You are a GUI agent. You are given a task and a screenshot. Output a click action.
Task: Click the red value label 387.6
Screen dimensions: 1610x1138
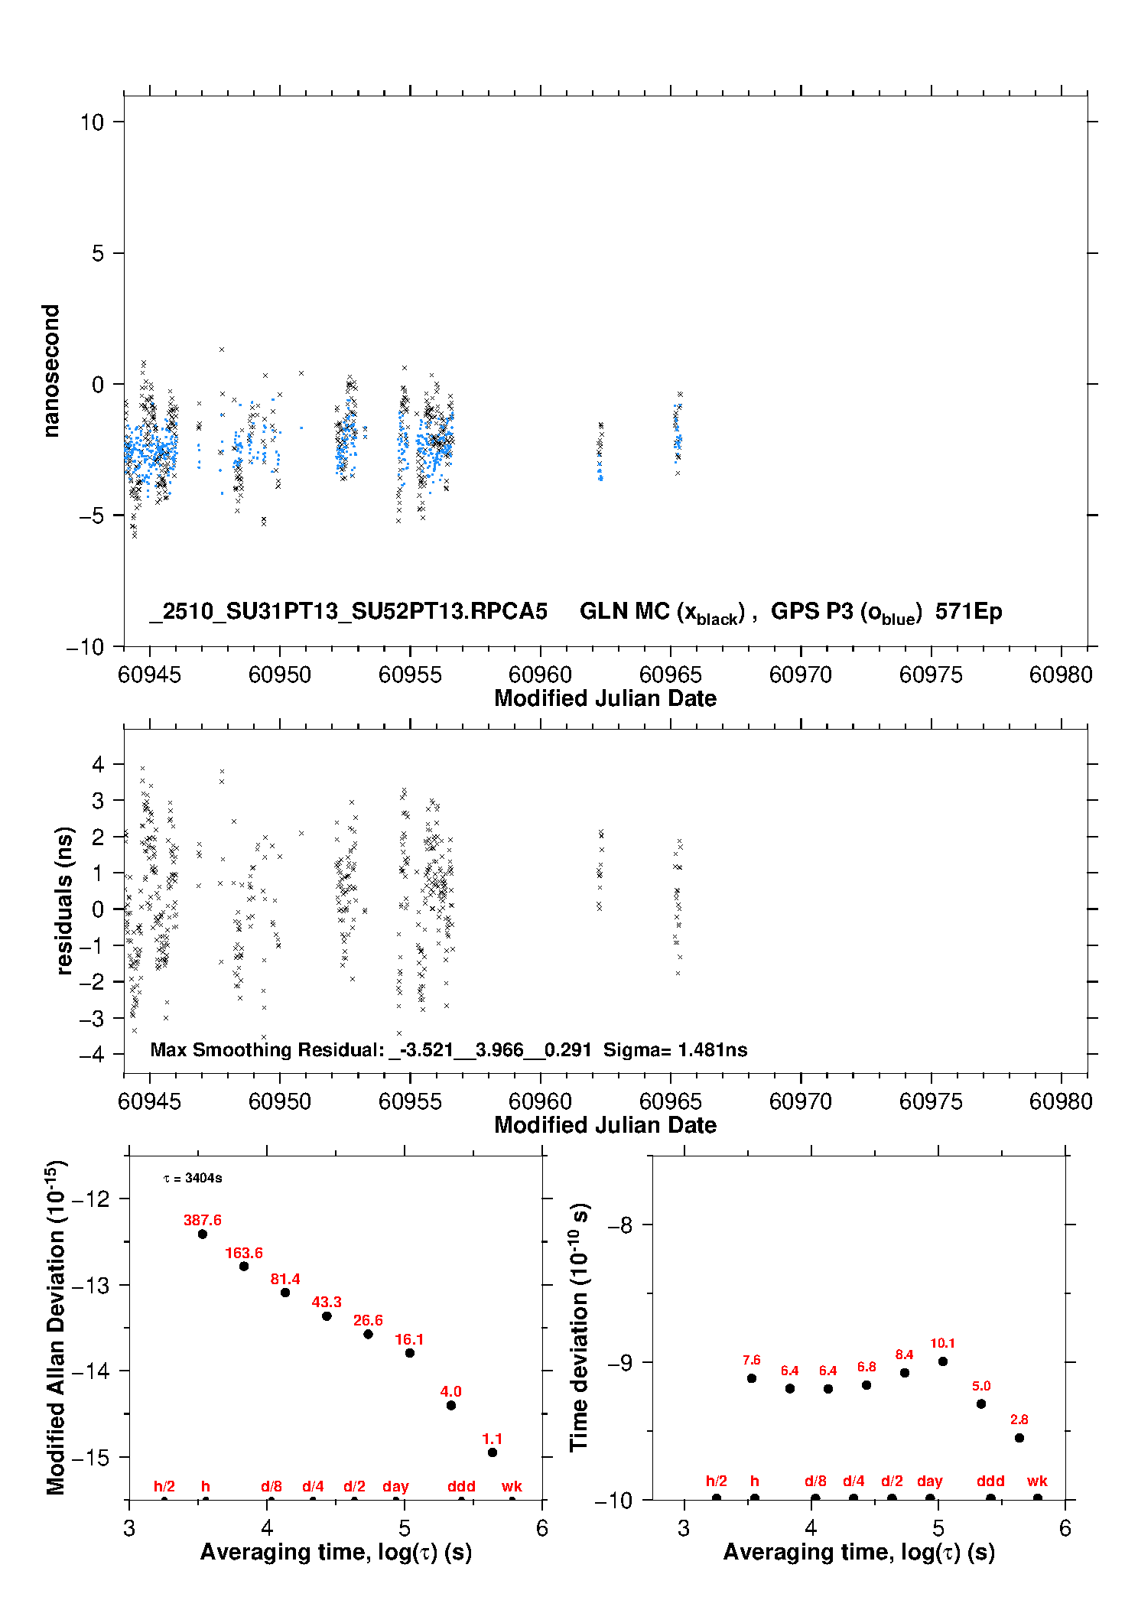(202, 1220)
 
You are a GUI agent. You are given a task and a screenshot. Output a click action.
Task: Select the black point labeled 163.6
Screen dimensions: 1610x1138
(244, 1267)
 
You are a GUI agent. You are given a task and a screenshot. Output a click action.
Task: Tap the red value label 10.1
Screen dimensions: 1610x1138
(942, 1343)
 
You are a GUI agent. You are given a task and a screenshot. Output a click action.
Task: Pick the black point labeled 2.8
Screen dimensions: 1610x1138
(1019, 1438)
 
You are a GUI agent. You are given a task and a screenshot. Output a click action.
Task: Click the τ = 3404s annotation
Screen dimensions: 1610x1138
(193, 1179)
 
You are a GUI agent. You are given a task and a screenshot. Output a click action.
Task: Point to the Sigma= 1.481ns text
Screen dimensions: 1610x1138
(675, 1050)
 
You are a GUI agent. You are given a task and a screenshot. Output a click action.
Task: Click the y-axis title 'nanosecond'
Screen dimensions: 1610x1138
(50, 371)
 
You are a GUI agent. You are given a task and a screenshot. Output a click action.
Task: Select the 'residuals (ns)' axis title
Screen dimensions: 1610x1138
(64, 901)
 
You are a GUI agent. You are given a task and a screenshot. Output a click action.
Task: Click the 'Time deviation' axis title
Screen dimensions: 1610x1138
(579, 1328)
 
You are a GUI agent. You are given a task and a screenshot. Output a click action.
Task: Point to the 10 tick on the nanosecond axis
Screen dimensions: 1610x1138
(92, 122)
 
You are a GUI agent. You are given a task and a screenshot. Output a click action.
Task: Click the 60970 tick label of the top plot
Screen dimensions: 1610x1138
(800, 675)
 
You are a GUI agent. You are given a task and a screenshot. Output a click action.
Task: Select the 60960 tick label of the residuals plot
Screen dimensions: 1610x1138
(540, 1101)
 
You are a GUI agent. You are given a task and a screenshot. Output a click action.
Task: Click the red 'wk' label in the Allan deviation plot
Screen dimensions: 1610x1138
(512, 1486)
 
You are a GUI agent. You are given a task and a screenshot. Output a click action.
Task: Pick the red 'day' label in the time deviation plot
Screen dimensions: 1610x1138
(929, 1481)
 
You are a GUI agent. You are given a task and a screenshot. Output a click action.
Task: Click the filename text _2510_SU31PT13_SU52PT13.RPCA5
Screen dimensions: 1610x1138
(349, 611)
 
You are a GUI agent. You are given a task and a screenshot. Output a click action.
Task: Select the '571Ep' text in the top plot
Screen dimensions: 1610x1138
(968, 611)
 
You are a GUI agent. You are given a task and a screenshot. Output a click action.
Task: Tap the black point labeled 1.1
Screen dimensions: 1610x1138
(493, 1452)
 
